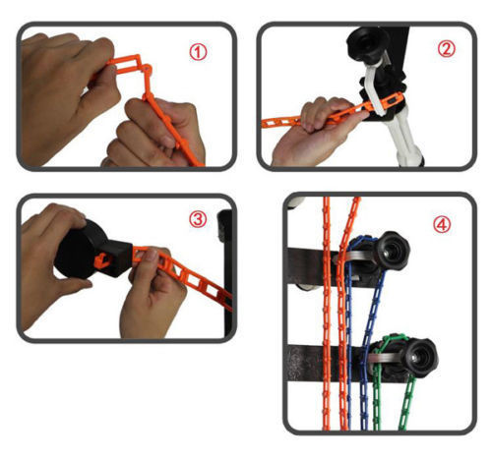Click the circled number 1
point(198,52)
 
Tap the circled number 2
point(447,49)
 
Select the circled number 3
point(198,219)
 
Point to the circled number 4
point(442,224)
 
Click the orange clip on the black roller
point(102,260)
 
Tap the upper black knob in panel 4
point(393,251)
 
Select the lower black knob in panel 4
point(421,358)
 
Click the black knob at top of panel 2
point(367,43)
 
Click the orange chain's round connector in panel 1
point(147,69)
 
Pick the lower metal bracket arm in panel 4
point(387,358)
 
